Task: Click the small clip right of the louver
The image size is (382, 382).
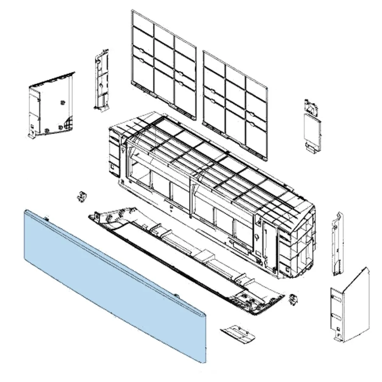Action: (292, 298)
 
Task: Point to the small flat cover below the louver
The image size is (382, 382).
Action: (239, 333)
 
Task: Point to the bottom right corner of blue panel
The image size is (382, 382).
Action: (206, 362)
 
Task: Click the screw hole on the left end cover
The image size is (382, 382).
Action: (63, 102)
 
